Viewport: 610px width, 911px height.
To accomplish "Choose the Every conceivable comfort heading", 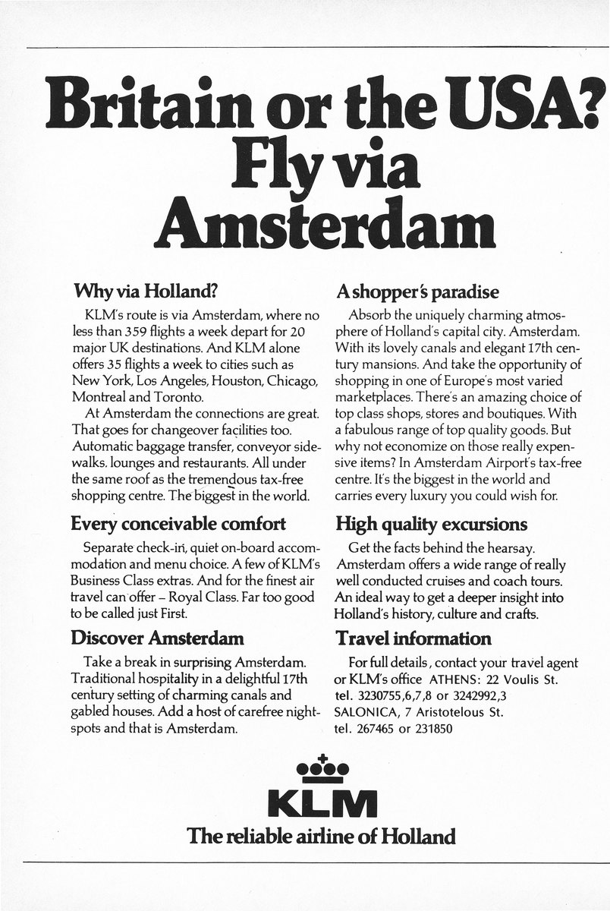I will (x=178, y=523).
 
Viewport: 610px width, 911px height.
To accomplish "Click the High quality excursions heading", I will (x=431, y=523).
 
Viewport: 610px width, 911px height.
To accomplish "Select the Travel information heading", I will (x=413, y=638).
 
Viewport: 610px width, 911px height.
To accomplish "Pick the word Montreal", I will (x=97, y=396).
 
